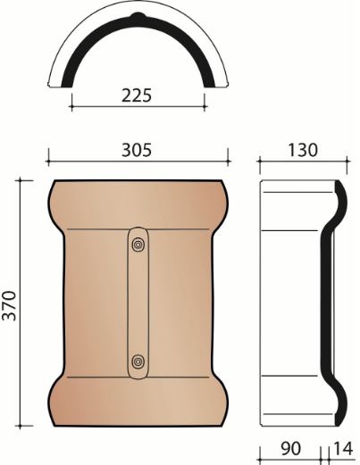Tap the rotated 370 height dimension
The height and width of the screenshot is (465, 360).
12,303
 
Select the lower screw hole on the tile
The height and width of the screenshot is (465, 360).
138,361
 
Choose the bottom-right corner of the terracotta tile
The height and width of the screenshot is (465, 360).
222,426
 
